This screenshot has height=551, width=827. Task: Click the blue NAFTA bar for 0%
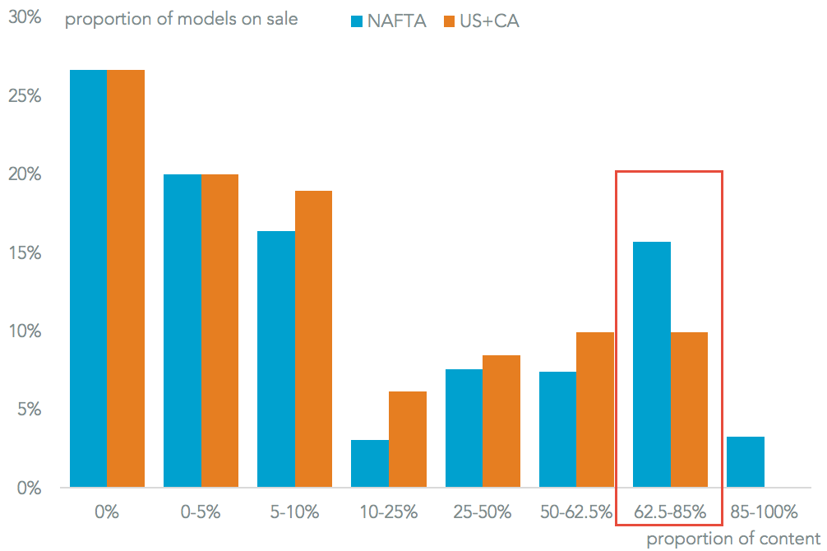[x=88, y=279]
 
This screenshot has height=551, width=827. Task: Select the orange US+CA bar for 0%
[x=126, y=279]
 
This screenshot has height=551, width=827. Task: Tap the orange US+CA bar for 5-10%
[x=313, y=339]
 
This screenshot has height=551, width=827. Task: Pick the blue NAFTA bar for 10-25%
[x=370, y=464]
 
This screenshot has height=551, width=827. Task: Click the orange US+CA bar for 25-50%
[x=501, y=421]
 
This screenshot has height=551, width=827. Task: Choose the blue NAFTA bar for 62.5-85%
[x=652, y=364]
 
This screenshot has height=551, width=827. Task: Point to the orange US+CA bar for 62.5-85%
[x=689, y=410]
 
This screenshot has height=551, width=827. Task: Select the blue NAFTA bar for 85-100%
[x=746, y=462]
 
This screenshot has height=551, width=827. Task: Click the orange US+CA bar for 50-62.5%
[x=595, y=410]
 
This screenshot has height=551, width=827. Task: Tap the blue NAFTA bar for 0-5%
[x=182, y=331]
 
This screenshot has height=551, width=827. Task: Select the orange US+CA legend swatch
[x=449, y=21]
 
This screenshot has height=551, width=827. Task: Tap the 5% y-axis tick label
[x=28, y=410]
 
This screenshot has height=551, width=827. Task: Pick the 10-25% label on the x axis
[x=388, y=512]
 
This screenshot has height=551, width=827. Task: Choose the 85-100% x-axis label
[x=764, y=512]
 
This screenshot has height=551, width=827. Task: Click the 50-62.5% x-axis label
[x=576, y=512]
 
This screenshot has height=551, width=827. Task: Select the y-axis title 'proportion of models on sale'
[x=182, y=19]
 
